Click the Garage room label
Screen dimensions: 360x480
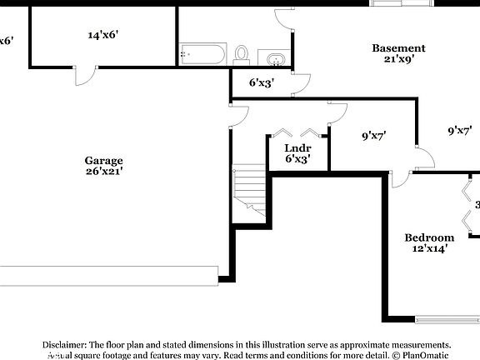(x=103, y=161)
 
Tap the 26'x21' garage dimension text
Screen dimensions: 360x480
(x=103, y=172)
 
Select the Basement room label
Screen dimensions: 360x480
(x=398, y=48)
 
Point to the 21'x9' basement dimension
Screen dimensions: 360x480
(x=398, y=59)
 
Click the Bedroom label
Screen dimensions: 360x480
(x=430, y=237)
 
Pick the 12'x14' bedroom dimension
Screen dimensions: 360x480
(x=430, y=247)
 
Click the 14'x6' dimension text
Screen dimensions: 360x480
(x=102, y=35)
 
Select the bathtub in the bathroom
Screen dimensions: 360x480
(x=202, y=56)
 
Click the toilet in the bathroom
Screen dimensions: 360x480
(x=242, y=54)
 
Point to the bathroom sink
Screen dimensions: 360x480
(x=275, y=58)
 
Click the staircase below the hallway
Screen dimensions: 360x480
(x=248, y=194)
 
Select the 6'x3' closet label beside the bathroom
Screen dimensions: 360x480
(x=262, y=82)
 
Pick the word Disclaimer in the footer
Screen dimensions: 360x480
(x=64, y=344)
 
